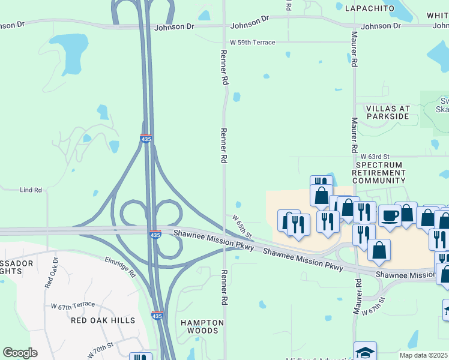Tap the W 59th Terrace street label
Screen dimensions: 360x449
tap(253, 43)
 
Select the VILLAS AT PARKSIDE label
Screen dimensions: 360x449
tap(388, 112)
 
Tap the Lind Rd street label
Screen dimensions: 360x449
tap(31, 190)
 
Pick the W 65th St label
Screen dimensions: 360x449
tap(242, 227)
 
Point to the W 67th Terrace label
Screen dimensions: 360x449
tap(73, 305)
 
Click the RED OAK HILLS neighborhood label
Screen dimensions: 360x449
tap(103, 320)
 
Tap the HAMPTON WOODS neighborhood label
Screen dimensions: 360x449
tap(202, 327)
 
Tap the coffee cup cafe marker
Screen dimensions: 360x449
tap(390, 215)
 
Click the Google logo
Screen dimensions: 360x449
tap(20, 353)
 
